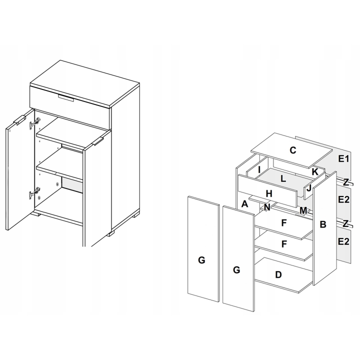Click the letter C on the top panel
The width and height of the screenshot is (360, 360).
292,150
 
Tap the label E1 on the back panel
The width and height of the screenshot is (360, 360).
343,158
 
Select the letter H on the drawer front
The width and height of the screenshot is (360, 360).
269,194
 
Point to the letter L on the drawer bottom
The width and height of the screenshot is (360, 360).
283,179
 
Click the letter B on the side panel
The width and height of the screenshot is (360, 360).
323,224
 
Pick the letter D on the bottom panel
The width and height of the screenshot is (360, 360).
278,274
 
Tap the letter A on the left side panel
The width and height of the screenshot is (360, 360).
244,203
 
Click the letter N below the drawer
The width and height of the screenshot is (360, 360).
267,207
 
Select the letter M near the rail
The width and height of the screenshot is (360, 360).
303,210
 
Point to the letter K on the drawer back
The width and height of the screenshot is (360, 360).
315,171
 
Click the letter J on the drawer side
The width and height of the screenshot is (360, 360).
309,188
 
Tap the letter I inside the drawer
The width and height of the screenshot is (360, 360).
259,169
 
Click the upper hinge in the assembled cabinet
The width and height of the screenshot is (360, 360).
34,122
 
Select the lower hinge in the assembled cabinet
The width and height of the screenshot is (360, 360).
34,193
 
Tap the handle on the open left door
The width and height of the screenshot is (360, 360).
19,120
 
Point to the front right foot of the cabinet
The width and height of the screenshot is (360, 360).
111,233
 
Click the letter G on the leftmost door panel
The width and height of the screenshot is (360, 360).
201,260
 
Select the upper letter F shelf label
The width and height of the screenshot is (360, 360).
284,222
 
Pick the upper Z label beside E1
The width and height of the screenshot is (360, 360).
346,182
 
